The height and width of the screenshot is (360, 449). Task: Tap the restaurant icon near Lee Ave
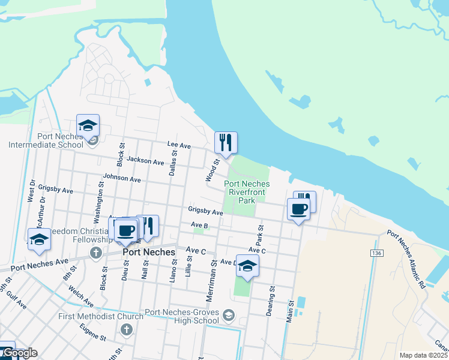(226, 142)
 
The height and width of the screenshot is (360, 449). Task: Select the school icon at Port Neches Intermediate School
(88, 125)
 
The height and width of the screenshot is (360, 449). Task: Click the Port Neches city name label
(148, 253)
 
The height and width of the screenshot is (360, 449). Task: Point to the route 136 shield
(376, 254)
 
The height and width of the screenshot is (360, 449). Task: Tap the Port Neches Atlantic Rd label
(406, 259)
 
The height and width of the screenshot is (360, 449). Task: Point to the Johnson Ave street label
(122, 178)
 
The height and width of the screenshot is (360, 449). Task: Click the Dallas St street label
(173, 163)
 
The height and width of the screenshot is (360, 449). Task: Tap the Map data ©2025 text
(423, 355)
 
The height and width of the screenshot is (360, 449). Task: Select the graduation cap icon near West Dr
(39, 239)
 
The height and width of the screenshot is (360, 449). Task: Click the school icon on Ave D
(247, 266)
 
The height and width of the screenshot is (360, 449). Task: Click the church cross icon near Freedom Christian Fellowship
(95, 253)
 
